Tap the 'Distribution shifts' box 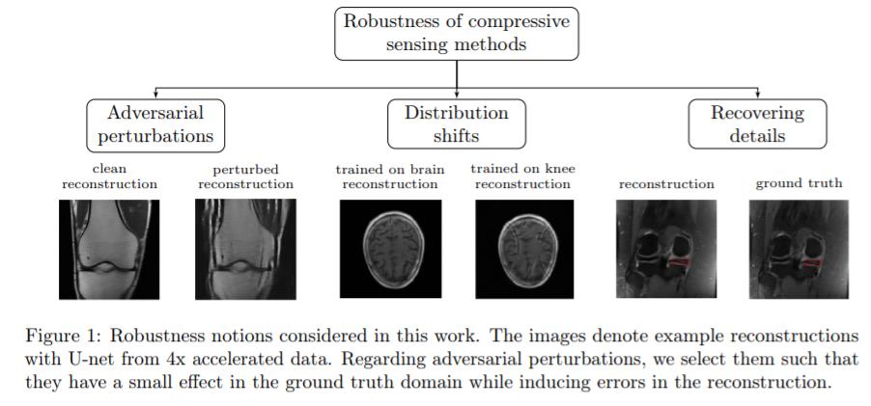[456, 124]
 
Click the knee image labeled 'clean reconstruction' [109, 248]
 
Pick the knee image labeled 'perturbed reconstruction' [245, 248]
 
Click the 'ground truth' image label [799, 182]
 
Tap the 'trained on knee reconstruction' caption [522, 176]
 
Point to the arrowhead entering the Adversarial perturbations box [155, 95]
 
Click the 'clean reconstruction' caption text [108, 176]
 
